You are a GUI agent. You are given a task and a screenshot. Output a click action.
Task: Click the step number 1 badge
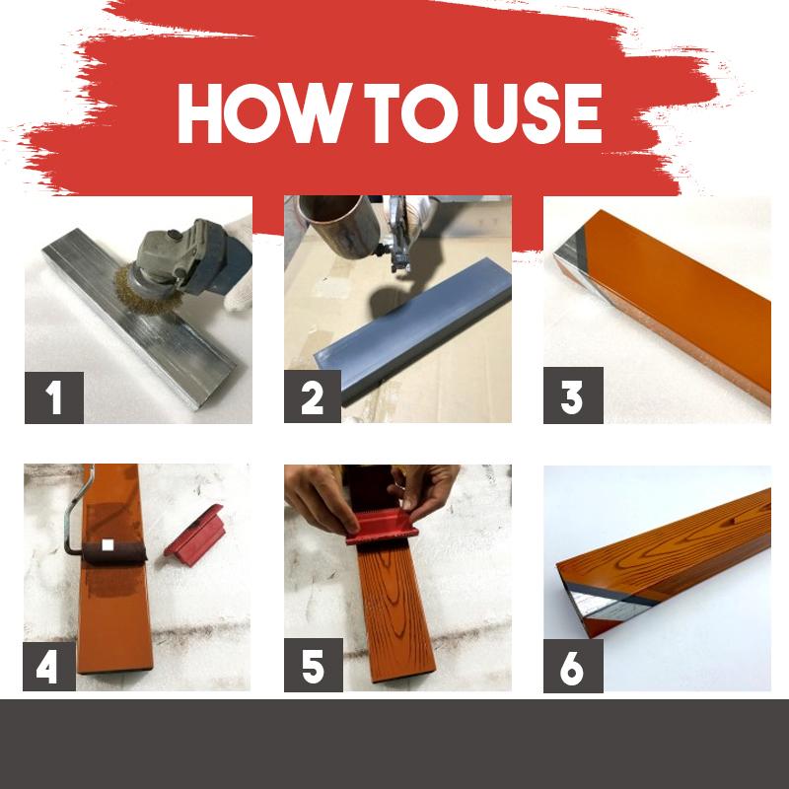(x=53, y=397)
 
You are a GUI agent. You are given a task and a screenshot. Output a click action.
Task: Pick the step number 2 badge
(x=313, y=397)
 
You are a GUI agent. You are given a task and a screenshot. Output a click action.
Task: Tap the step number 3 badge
(x=572, y=397)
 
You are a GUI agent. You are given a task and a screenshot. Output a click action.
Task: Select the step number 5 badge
(x=313, y=666)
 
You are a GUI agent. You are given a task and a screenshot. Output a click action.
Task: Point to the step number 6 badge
(x=572, y=666)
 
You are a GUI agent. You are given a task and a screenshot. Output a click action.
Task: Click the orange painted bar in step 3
(x=681, y=306)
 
